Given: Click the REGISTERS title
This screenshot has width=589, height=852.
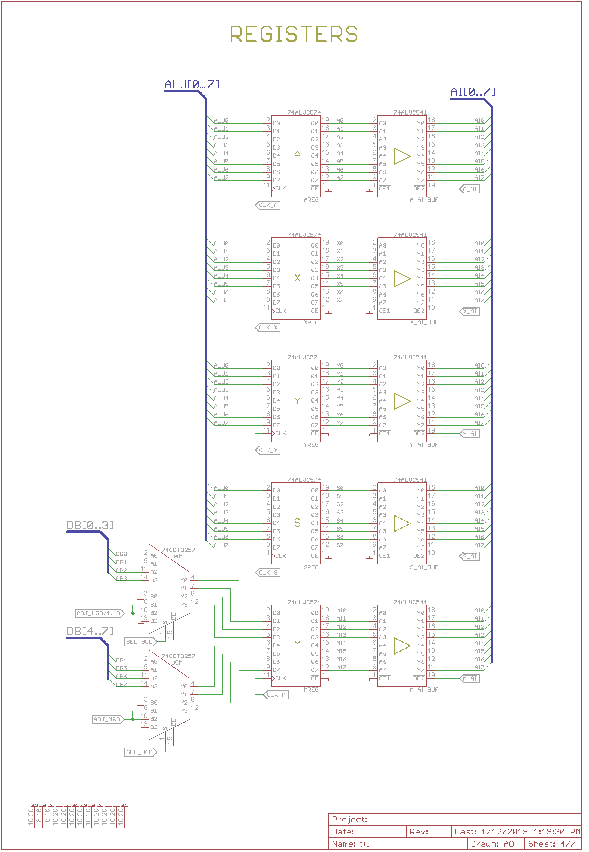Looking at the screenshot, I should pos(294,34).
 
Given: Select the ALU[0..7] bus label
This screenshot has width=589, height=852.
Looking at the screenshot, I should pos(192,85).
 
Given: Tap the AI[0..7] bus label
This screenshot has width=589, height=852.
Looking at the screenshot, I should pos(473,92).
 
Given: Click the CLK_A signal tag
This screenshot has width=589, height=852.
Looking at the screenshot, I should pos(268,205).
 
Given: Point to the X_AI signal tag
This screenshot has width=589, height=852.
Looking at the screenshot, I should pos(470,311).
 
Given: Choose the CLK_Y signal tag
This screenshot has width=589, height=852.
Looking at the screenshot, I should pos(268,450).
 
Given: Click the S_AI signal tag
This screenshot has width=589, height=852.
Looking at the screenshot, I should pos(470,556).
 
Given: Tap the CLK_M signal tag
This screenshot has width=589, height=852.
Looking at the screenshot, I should pos(276,695).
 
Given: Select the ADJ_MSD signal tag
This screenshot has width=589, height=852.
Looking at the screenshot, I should pos(107,719).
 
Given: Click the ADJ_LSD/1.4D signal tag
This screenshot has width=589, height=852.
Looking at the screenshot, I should pos(99,613).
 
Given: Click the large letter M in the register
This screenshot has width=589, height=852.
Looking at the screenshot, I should pos(297,645).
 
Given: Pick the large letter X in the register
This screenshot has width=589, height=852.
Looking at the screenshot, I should pos(297,278).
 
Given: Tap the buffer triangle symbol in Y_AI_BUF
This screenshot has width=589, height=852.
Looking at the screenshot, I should pos(402,401).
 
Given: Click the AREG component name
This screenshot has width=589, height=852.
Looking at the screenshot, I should pos(311,200).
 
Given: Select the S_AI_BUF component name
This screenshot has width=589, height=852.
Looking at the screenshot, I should pos(424,567).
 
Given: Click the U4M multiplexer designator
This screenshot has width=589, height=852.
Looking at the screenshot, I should pos(177,556).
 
